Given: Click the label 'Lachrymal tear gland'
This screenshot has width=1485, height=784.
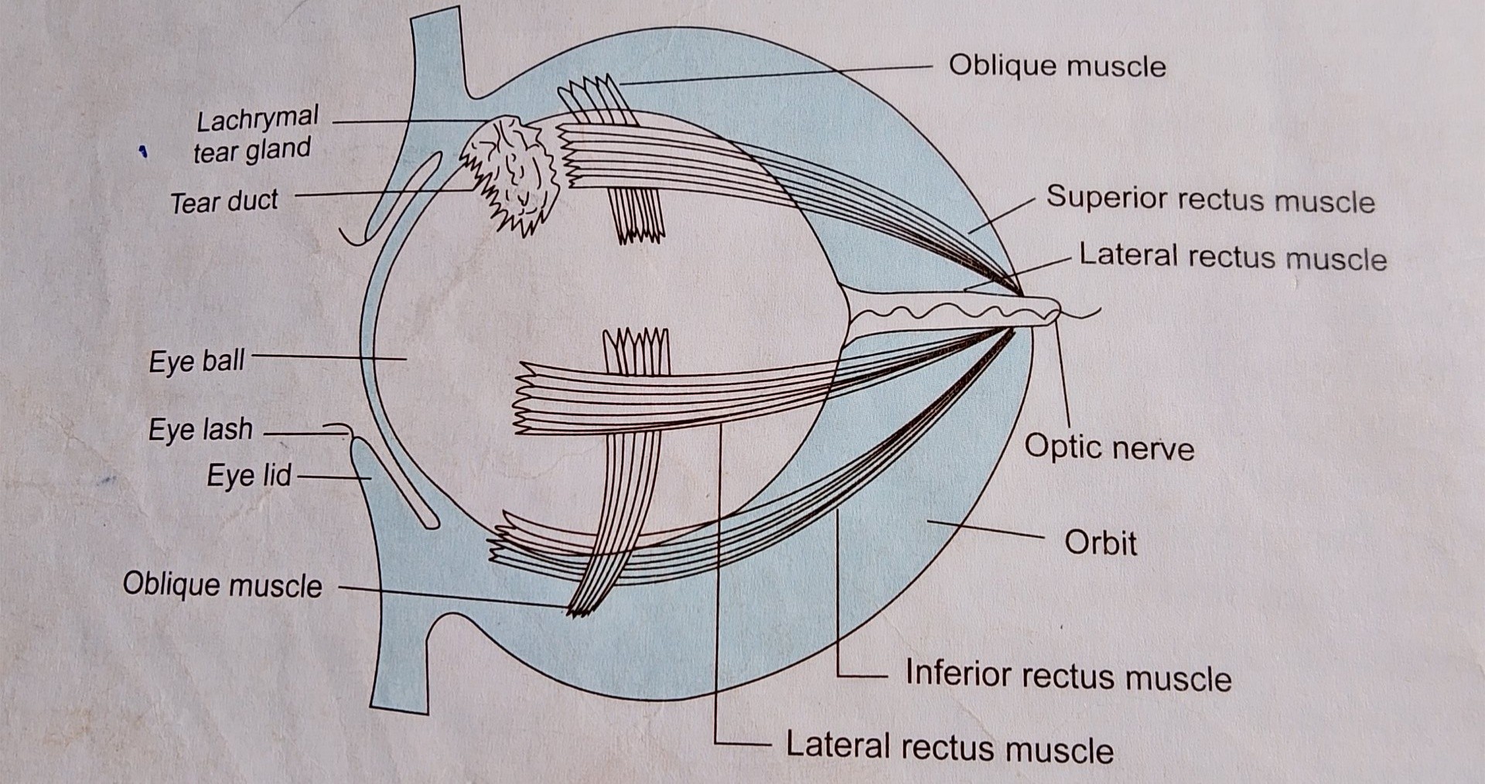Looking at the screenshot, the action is pyautogui.click(x=255, y=135).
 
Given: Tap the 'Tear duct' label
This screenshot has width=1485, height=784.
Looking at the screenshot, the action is pyautogui.click(x=224, y=202).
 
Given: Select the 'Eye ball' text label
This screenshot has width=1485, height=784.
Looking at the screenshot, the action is pyautogui.click(x=196, y=360).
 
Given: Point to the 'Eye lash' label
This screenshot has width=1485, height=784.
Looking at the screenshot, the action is pyautogui.click(x=200, y=429).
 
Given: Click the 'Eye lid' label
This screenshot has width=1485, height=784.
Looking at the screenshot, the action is pyautogui.click(x=249, y=475).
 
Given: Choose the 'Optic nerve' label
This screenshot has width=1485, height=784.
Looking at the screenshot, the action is pyautogui.click(x=1109, y=447).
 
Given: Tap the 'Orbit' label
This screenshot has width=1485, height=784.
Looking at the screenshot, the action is pyautogui.click(x=1101, y=542).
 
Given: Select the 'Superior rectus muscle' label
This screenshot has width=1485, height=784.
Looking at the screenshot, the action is pyautogui.click(x=1210, y=199).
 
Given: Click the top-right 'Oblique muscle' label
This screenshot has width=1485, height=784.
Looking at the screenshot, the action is pyautogui.click(x=1057, y=66).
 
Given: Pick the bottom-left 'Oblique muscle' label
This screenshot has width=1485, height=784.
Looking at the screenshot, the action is pyautogui.click(x=222, y=585).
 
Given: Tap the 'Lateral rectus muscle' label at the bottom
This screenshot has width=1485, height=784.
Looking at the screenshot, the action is pyautogui.click(x=950, y=748).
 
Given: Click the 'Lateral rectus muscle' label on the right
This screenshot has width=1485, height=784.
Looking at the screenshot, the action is pyautogui.click(x=1233, y=256).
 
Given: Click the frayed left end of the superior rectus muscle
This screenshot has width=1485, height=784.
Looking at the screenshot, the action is pyautogui.click(x=566, y=157).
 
